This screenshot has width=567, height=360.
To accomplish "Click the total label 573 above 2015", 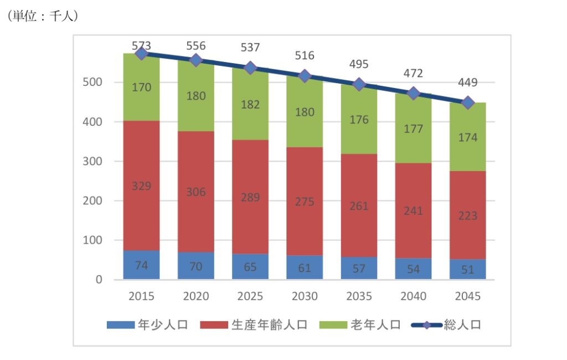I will [141, 45].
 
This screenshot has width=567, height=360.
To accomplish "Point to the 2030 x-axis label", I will [305, 296].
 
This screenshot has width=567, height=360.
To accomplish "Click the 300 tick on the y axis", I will [95, 161].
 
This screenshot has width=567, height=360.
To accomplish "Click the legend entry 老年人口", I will [360, 325].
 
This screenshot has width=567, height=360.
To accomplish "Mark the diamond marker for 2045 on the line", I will [468, 102].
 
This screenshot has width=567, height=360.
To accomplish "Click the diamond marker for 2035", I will [359, 85].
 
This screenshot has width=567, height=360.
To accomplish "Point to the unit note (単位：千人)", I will [42, 17].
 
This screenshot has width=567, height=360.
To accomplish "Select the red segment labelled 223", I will [468, 216].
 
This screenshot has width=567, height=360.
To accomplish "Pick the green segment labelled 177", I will [414, 129].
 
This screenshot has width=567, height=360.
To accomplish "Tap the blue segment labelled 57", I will [359, 269].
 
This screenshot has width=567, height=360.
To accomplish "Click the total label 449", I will [468, 83].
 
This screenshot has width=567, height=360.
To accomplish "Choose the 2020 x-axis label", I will [196, 296].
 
